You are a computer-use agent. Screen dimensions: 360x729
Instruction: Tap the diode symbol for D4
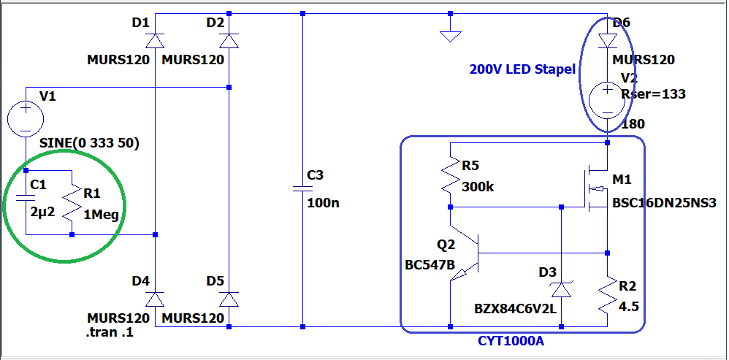(x=156, y=298)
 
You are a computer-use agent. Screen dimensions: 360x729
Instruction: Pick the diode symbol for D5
(x=229, y=298)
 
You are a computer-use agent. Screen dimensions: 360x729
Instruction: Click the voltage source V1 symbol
(x=25, y=118)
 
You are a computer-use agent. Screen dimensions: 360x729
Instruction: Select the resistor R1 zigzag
(x=72, y=204)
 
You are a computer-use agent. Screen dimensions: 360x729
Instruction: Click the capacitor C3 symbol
(x=302, y=188)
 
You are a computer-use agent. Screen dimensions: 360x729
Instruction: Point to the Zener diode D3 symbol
(x=560, y=289)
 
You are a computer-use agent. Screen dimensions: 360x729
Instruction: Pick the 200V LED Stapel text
(x=522, y=70)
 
